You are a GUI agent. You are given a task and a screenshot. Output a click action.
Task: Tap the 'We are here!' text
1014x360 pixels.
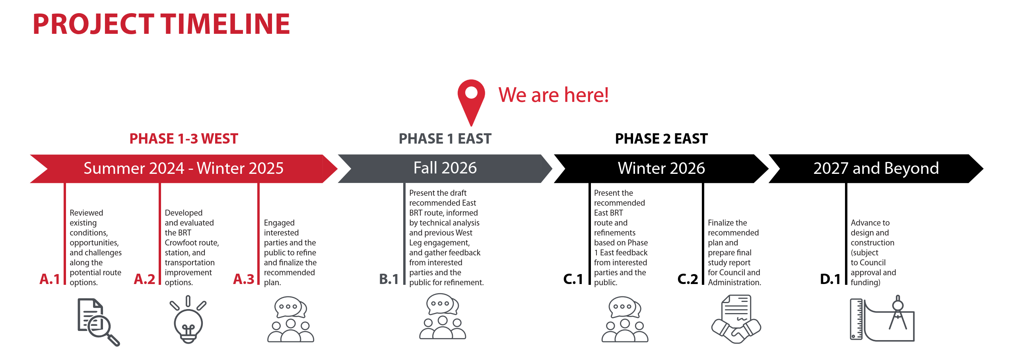coord(554,95)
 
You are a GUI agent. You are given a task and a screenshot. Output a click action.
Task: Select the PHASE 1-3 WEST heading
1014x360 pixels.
coord(184,138)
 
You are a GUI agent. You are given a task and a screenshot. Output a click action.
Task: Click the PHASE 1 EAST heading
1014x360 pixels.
coord(445,138)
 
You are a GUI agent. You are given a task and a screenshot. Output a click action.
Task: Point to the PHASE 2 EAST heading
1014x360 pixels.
coord(661,138)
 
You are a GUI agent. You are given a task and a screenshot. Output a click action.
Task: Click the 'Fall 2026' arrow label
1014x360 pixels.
coord(445,168)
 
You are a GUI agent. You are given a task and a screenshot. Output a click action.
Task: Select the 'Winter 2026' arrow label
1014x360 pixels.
coord(661,168)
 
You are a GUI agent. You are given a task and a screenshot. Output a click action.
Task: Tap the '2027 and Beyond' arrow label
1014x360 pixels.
coord(876,168)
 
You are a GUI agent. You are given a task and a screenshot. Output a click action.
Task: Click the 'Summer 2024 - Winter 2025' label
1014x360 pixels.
coord(183,168)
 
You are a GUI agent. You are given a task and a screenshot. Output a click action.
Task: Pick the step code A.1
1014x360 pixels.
coord(50,279)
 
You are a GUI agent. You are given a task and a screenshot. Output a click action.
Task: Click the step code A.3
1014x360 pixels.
coord(243,279)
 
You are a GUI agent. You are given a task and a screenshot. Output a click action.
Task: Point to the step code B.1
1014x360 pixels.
coord(389,279)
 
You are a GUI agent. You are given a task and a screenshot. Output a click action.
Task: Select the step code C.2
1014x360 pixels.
coord(688,279)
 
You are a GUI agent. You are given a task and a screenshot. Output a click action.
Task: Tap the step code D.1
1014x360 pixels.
coord(830,279)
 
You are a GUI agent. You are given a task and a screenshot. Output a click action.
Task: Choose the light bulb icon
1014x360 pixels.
coord(188,319)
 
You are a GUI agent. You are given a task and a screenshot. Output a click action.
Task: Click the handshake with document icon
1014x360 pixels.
coord(736,319)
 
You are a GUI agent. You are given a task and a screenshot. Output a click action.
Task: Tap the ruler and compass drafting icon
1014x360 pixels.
coord(882,318)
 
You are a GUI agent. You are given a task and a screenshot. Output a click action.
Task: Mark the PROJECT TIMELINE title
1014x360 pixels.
coord(161,24)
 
